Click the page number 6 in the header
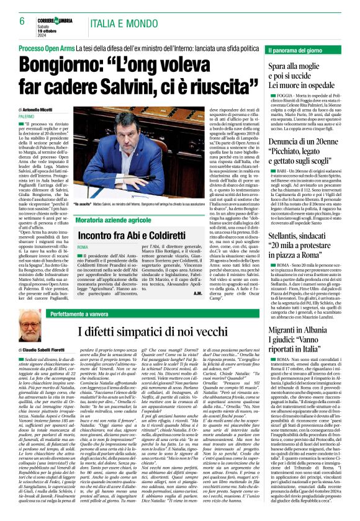tap(21, 20)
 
